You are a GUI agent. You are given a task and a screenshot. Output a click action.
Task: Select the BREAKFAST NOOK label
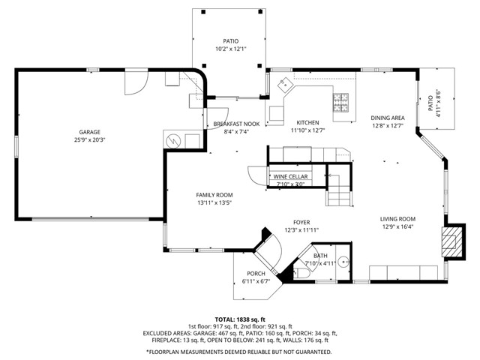tap(236, 124)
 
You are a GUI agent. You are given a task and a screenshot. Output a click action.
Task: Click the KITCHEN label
tap(307, 123)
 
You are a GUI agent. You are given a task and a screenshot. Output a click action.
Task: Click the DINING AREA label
tap(388, 118)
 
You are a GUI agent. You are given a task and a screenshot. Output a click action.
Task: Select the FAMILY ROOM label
tap(214, 194)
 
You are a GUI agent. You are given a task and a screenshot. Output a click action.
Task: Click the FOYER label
tap(301, 222)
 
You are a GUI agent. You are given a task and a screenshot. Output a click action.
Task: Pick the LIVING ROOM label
tap(397, 218)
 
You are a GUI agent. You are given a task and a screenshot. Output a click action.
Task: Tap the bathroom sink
tap(342, 262)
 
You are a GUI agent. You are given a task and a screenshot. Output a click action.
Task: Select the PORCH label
tap(256, 274)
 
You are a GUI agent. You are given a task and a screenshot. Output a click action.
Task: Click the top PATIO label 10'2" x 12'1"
tap(229, 41)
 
